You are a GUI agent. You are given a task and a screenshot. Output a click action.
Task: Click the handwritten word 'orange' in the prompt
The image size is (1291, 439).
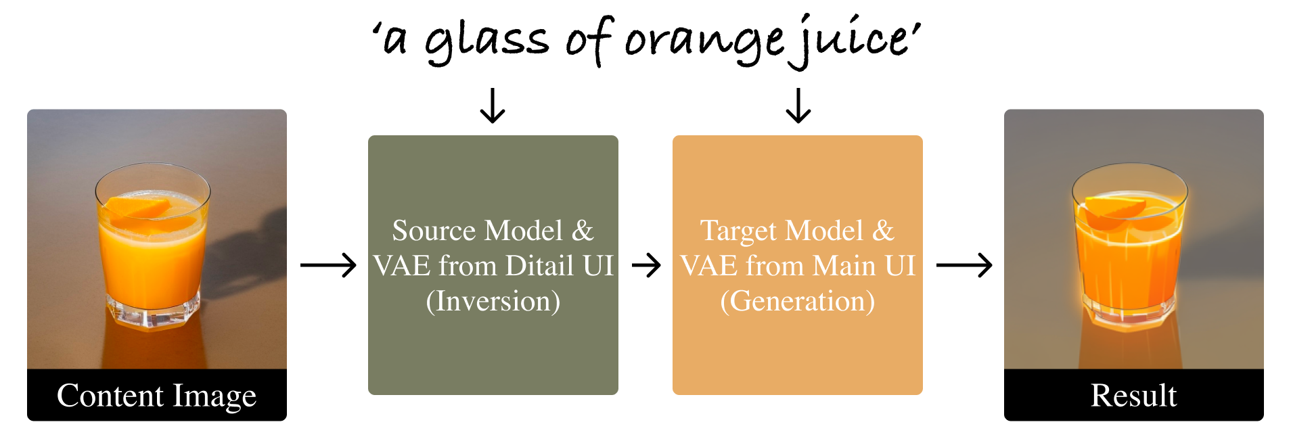tap(704, 42)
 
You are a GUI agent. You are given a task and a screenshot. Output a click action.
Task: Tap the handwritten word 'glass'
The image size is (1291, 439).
tap(486, 42)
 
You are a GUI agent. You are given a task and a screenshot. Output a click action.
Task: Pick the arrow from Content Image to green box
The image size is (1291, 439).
tap(328, 265)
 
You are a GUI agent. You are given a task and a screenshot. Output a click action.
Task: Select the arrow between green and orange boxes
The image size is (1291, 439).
tap(646, 265)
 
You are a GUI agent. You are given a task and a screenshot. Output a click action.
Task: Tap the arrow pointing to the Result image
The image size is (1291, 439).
tap(964, 265)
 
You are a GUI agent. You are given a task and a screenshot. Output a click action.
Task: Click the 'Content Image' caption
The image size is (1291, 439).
tap(157, 396)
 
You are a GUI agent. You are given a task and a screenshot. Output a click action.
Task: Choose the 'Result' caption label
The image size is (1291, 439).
tap(1133, 396)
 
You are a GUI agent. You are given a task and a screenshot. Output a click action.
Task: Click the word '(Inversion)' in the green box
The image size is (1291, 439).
tap(493, 301)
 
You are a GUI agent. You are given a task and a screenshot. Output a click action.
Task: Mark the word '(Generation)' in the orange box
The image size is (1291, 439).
tap(797, 301)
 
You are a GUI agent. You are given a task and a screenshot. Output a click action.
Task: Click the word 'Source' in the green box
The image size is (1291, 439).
tap(434, 231)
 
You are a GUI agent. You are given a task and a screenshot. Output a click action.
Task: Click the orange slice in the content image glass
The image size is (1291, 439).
tap(139, 207)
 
